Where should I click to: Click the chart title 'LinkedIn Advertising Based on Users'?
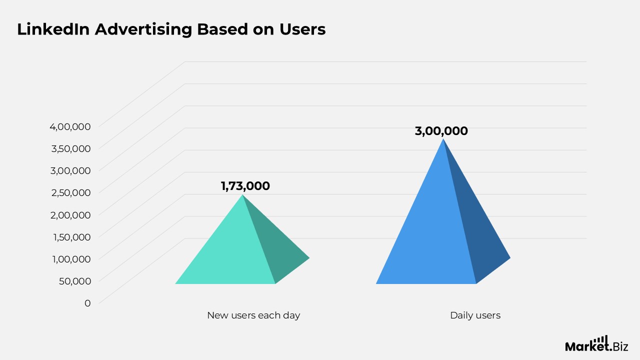point(171,29)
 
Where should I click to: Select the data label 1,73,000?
point(245,186)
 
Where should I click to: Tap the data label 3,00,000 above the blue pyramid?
point(441,131)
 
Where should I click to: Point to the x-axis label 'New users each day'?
point(253,315)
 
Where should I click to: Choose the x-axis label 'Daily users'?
point(475,315)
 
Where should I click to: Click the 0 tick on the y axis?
point(87,303)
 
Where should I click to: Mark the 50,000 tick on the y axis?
point(75,280)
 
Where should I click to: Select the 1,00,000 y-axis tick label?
point(72,258)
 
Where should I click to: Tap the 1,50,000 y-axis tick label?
point(72,236)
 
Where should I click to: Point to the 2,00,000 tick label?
point(70,214)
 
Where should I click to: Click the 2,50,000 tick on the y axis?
point(70,192)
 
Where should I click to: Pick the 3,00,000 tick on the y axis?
point(70,170)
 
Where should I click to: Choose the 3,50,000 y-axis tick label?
point(70,148)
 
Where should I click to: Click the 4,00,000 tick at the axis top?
point(70,126)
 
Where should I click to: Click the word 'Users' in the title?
point(302,29)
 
